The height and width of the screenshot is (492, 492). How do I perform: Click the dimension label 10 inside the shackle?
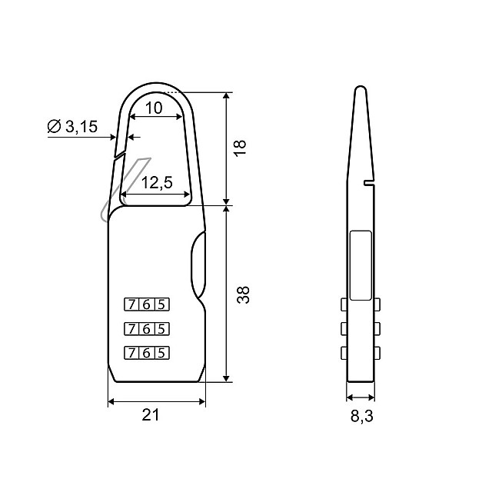pyautogui.click(x=154, y=108)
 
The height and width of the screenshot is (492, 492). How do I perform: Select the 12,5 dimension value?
pyautogui.click(x=156, y=184)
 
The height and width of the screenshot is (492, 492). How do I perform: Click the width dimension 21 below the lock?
pyautogui.click(x=151, y=415)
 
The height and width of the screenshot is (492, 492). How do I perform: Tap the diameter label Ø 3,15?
pyautogui.click(x=72, y=127)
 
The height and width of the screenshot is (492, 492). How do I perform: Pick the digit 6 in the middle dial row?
pyautogui.click(x=146, y=328)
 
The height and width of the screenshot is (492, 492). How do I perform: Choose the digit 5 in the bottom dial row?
pyautogui.click(x=161, y=354)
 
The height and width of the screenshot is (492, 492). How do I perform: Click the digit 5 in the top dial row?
pyautogui.click(x=161, y=303)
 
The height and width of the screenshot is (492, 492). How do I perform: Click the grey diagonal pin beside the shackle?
pyautogui.click(x=123, y=188)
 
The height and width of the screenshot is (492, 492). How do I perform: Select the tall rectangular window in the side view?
pyautogui.click(x=360, y=264)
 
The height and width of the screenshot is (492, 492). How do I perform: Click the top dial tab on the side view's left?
pyautogui.click(x=343, y=305)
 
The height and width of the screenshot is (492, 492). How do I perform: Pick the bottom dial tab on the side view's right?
pyautogui.click(x=378, y=354)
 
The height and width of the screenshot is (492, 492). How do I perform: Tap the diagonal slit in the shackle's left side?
pyautogui.click(x=118, y=155)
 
